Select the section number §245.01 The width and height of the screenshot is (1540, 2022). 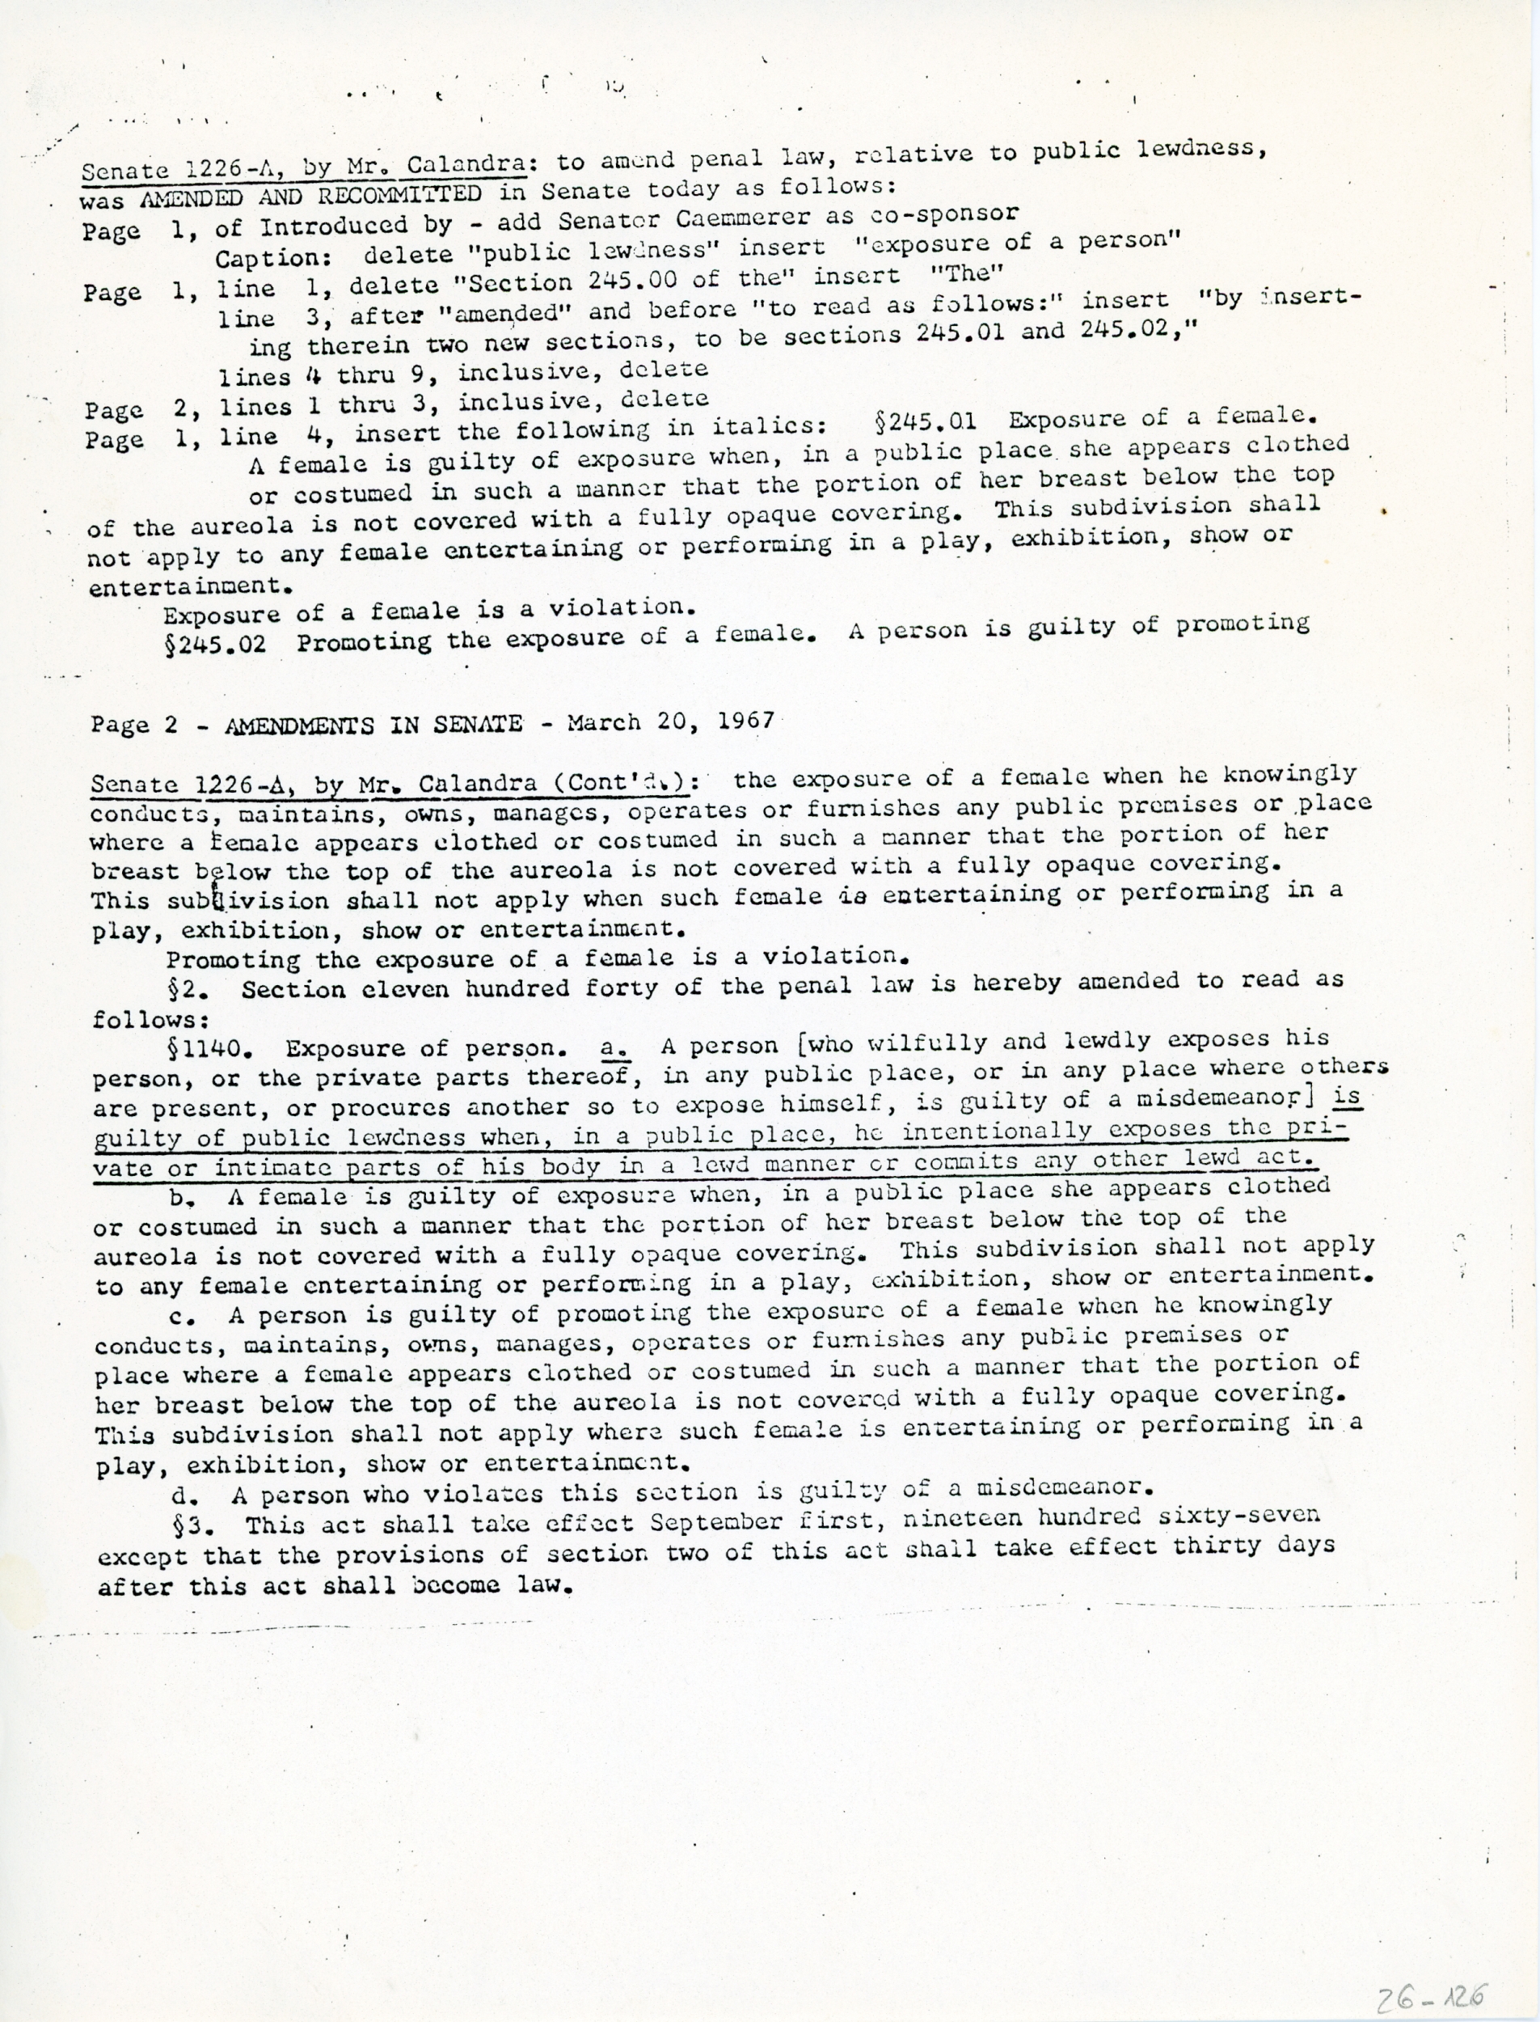coord(926,423)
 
